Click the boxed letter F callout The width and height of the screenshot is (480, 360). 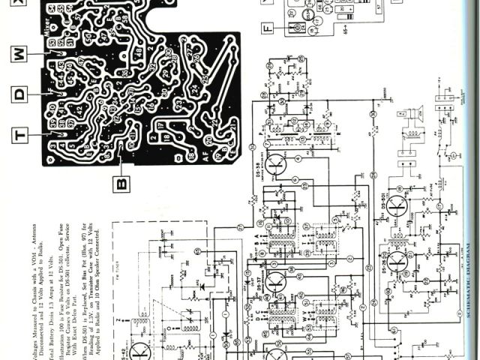point(267,28)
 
